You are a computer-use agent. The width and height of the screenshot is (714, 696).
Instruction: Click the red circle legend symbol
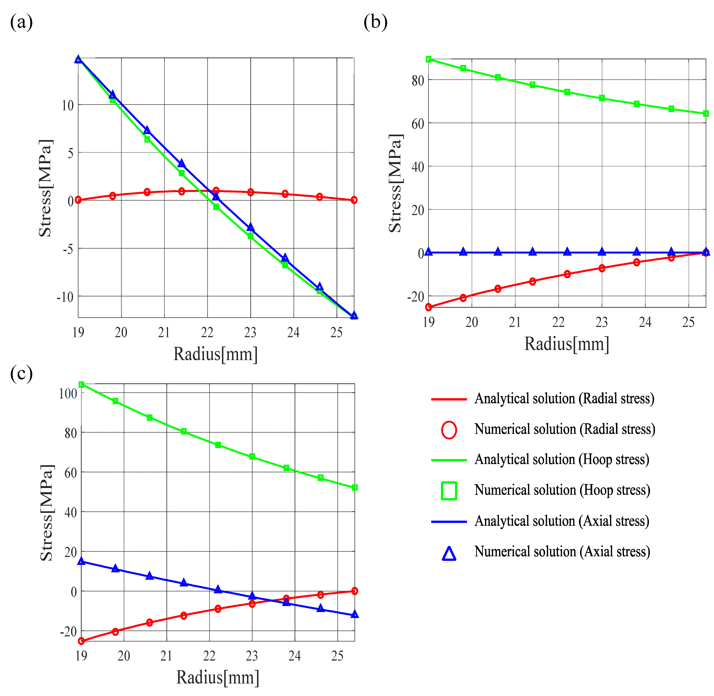click(x=449, y=430)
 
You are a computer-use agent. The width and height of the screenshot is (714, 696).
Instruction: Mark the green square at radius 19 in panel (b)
click(x=429, y=59)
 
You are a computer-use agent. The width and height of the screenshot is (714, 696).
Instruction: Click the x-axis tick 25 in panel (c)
click(x=337, y=656)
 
